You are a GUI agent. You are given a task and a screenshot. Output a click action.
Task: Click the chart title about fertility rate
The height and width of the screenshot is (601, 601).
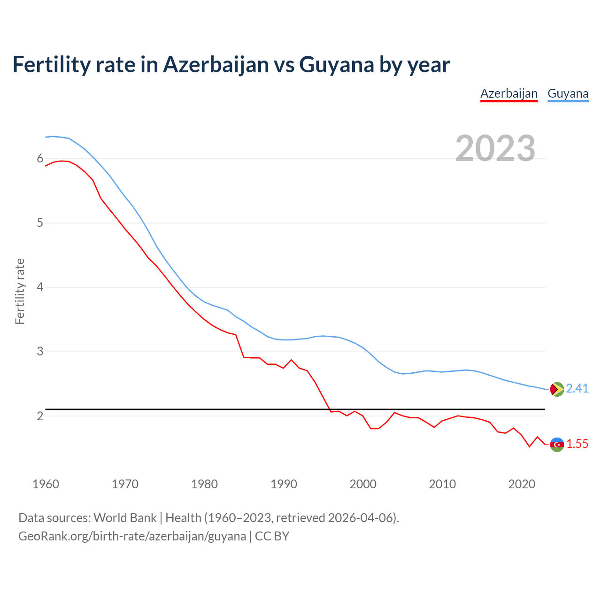[x=231, y=65]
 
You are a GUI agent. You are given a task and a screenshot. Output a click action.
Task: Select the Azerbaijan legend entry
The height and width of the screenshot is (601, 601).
[x=509, y=93]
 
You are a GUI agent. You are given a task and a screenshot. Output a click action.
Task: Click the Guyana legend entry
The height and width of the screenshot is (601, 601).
[x=568, y=93]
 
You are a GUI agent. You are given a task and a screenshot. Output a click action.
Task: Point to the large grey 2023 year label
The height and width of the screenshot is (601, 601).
[x=495, y=148]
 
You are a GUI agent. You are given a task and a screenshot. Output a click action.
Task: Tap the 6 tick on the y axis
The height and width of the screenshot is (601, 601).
[x=40, y=159]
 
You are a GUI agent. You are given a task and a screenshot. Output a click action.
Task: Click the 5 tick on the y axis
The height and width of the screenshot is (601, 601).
[x=40, y=223]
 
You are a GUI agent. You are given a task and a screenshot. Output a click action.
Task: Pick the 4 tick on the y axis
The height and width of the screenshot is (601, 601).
[x=40, y=287]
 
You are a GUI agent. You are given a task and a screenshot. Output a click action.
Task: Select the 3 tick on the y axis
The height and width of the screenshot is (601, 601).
[x=40, y=351]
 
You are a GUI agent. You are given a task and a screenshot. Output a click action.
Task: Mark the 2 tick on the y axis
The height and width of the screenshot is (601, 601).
[x=40, y=416]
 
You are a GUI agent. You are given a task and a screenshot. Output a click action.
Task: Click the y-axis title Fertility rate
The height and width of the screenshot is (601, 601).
[x=20, y=291]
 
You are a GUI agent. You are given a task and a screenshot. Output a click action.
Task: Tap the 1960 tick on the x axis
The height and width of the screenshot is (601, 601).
[x=46, y=484]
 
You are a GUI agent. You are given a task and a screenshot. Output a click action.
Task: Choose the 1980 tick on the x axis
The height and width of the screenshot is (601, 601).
[x=204, y=484]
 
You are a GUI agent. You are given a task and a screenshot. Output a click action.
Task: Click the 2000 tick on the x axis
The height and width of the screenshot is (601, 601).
[x=363, y=484]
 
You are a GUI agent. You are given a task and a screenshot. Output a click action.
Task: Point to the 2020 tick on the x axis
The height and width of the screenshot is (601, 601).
[x=522, y=484]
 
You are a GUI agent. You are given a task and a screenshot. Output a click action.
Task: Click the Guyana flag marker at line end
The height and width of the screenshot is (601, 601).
[x=557, y=389]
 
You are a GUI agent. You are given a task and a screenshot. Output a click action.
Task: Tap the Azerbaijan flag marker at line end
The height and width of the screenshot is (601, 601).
[x=557, y=444]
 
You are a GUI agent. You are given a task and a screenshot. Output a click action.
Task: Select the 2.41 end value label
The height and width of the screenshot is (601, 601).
[x=577, y=389]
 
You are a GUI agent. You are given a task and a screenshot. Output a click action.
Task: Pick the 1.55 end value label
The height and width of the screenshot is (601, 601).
[x=577, y=444]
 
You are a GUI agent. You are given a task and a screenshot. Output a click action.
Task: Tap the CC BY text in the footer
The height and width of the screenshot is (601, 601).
[x=272, y=536]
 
